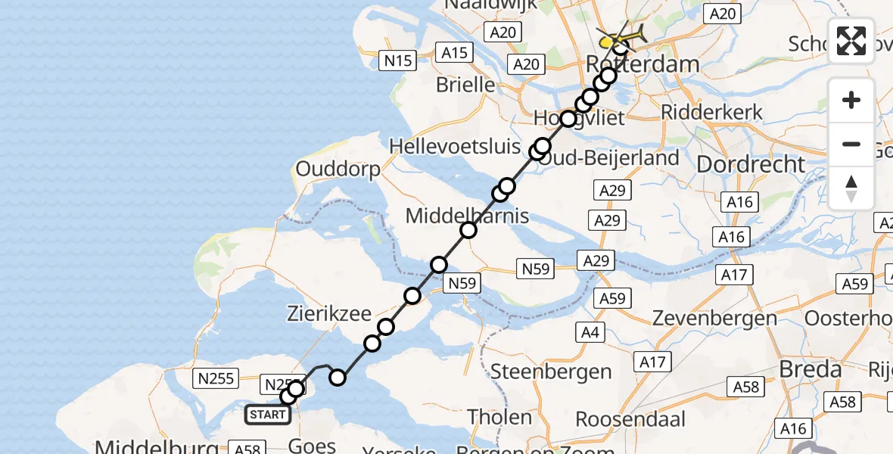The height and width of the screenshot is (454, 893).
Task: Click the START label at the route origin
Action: tap(268, 415)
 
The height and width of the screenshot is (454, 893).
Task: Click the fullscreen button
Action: tap(851, 41)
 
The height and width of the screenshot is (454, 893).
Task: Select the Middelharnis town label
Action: tap(467, 216)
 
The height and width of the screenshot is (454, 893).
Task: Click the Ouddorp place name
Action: tap(338, 169)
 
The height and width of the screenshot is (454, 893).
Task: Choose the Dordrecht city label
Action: tap(750, 164)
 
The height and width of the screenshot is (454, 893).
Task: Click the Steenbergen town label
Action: tap(551, 372)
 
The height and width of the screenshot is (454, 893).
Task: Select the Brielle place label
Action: tap(465, 85)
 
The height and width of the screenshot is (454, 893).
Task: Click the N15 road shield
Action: tap(398, 60)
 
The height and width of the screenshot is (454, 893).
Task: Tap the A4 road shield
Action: tap(590, 331)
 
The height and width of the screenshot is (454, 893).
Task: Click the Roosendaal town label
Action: tap(631, 418)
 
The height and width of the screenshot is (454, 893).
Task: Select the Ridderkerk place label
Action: tap(711, 113)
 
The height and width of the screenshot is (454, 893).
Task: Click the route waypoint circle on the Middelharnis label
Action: tap(468, 230)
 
